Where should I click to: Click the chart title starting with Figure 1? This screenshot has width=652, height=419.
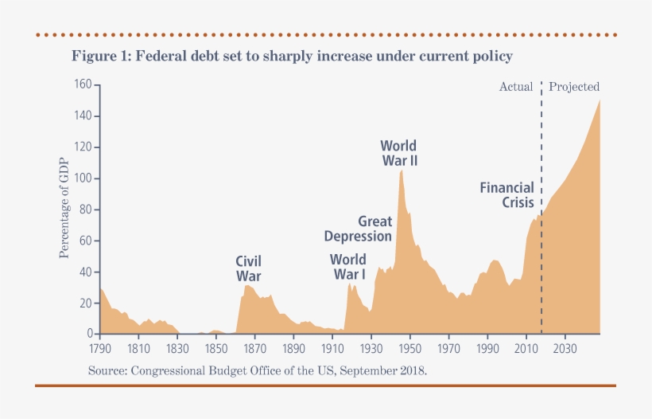(292, 57)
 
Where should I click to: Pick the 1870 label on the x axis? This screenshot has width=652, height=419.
(254, 348)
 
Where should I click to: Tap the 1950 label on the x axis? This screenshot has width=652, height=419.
(409, 348)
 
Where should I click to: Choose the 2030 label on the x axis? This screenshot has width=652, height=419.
(565, 348)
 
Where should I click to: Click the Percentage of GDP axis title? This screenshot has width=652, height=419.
(64, 209)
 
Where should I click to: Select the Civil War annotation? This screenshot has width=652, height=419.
(248, 268)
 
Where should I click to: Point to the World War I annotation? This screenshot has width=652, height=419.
(348, 267)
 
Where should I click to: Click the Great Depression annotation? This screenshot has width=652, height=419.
(358, 229)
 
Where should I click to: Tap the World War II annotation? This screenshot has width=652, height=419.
(398, 153)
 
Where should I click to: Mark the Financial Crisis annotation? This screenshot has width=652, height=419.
(506, 195)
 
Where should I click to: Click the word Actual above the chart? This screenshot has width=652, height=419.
(515, 86)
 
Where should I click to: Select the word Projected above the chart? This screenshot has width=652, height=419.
(574, 86)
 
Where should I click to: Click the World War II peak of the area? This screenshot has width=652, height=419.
(402, 170)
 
